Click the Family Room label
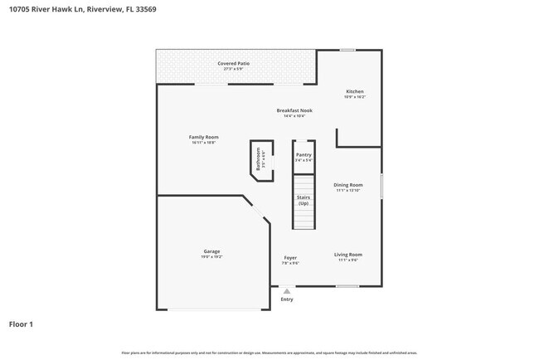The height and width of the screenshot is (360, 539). (x=203, y=137)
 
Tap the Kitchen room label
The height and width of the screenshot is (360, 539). (x=354, y=91)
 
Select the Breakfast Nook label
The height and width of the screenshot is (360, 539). (x=294, y=110)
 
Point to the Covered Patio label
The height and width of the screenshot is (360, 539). (x=233, y=63)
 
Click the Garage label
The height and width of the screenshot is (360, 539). (x=212, y=251)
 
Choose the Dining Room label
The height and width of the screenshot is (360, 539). (x=348, y=185)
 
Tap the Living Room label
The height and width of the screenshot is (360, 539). (x=348, y=255)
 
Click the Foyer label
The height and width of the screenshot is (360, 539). (x=290, y=258)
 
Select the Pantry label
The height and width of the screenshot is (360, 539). (x=303, y=154)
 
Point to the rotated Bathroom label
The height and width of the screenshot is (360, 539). (x=258, y=158)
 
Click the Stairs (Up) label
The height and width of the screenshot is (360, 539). (x=303, y=200)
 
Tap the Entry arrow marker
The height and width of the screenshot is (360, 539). (x=287, y=291)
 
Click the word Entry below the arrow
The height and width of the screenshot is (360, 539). (x=287, y=299)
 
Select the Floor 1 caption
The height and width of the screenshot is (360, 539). (x=22, y=324)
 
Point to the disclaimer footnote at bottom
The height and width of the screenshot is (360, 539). (x=269, y=352)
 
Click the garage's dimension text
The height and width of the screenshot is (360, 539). (x=211, y=257)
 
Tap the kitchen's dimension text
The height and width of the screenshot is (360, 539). (x=354, y=97)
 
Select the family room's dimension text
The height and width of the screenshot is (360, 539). (x=203, y=143)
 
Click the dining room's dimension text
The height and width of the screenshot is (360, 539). (x=348, y=191)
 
